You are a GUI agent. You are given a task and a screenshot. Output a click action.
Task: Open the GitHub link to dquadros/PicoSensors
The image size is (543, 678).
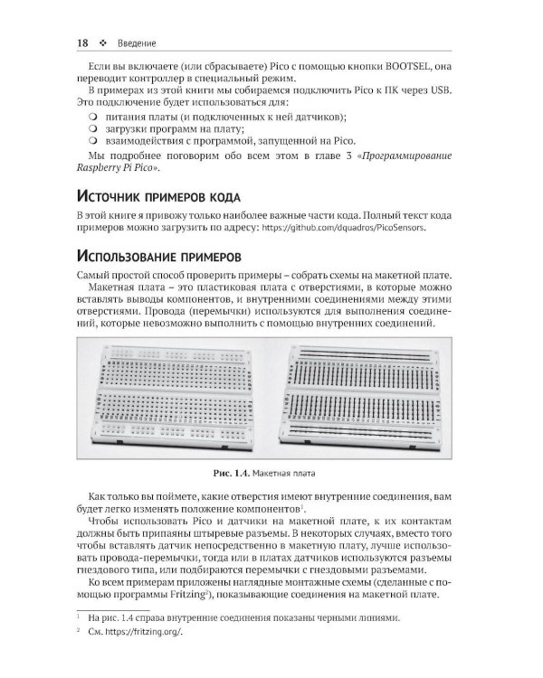point(343,231)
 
